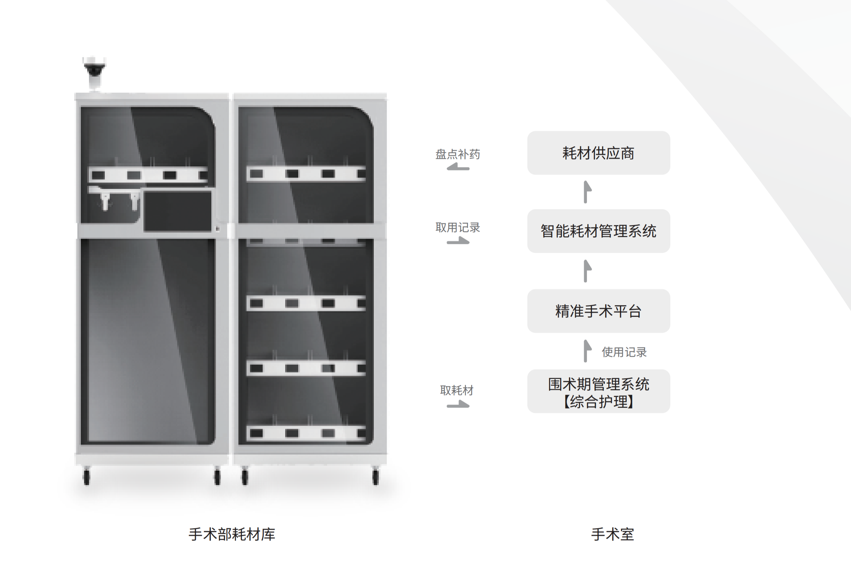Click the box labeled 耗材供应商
(598, 153)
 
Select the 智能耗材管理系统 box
(598, 231)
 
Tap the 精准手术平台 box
(598, 311)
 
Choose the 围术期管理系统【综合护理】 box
(598, 391)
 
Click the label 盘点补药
(458, 154)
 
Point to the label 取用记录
(458, 228)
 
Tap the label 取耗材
(457, 390)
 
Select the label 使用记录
(624, 352)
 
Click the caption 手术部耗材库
(232, 534)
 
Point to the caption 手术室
(613, 534)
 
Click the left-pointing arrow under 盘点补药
(458, 168)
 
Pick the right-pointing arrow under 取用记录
(458, 241)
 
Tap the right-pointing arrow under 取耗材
(458, 404)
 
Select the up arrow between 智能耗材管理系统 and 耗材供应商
(587, 192)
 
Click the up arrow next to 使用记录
(587, 351)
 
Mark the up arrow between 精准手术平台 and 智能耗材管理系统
(587, 271)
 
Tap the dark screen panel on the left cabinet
(178, 211)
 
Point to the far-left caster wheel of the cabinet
(87, 477)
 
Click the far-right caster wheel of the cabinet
(375, 477)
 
